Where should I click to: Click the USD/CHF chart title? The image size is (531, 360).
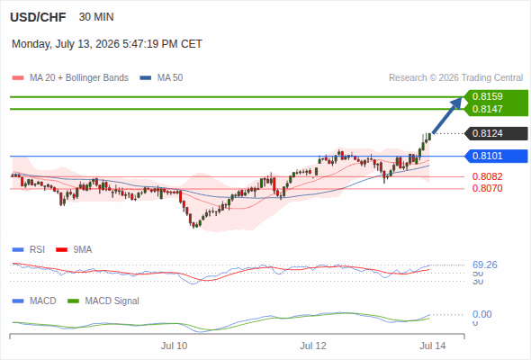[x=38, y=17]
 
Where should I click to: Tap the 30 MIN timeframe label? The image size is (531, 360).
[x=96, y=17]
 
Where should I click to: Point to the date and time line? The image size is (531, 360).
[x=107, y=44]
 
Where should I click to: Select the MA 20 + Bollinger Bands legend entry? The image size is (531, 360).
[x=70, y=78]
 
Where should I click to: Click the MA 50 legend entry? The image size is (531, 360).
[x=161, y=78]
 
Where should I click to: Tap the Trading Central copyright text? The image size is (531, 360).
[x=455, y=78]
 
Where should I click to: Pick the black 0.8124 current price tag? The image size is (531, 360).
[x=496, y=133]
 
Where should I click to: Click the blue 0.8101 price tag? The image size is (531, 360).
[x=496, y=156]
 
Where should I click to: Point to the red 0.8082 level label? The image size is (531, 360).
[x=487, y=176]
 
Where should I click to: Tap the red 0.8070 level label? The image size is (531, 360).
[x=487, y=188]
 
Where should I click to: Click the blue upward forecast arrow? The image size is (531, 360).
[x=447, y=115]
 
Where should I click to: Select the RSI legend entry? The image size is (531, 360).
[x=29, y=249]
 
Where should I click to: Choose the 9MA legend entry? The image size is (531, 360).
[x=74, y=249]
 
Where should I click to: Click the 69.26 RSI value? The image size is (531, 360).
[x=485, y=265]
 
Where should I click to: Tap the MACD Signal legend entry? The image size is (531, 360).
[x=103, y=301]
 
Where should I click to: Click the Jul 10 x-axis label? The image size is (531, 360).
[x=174, y=346]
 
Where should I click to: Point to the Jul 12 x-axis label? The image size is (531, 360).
[x=313, y=346]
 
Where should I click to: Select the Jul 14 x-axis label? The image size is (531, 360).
[x=433, y=346]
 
